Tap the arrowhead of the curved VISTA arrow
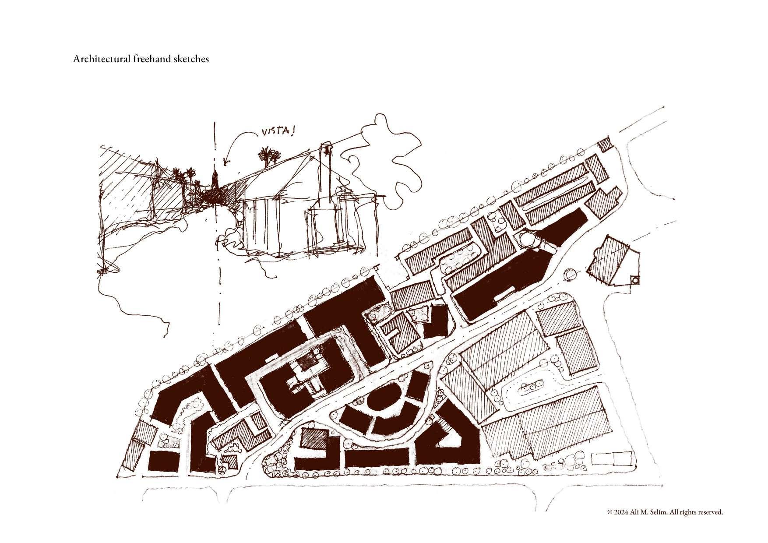(225, 164)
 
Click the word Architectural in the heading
(100, 59)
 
